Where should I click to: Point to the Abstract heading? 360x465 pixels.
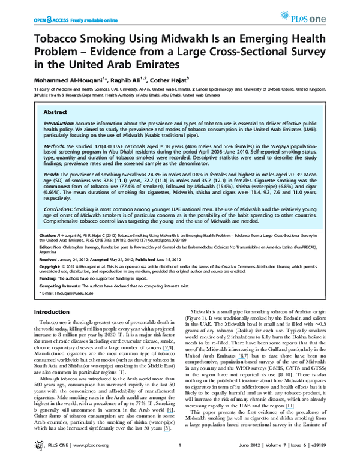(56, 112)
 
